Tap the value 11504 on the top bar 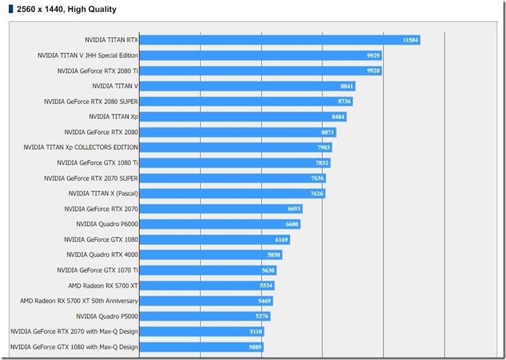coord(410,40)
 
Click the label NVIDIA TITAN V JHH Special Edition coord(87,55)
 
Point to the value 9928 coord(373,71)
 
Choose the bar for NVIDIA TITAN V coord(239,86)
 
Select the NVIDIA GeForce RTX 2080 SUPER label coord(91,101)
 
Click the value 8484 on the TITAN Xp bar coord(339,117)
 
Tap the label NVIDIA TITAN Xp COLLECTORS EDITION coord(81,147)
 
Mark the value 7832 coord(322,163)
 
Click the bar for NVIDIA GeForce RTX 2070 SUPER coord(227,178)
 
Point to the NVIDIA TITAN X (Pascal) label coord(103,193)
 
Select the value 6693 coord(294,209)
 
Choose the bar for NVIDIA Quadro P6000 coord(214,224)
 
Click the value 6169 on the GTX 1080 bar coord(282,240)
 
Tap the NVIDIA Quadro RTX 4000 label coord(102,255)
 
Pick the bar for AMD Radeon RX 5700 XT coord(201,286)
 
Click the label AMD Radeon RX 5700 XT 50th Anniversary coord(79,301)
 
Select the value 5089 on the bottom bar coord(255,347)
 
